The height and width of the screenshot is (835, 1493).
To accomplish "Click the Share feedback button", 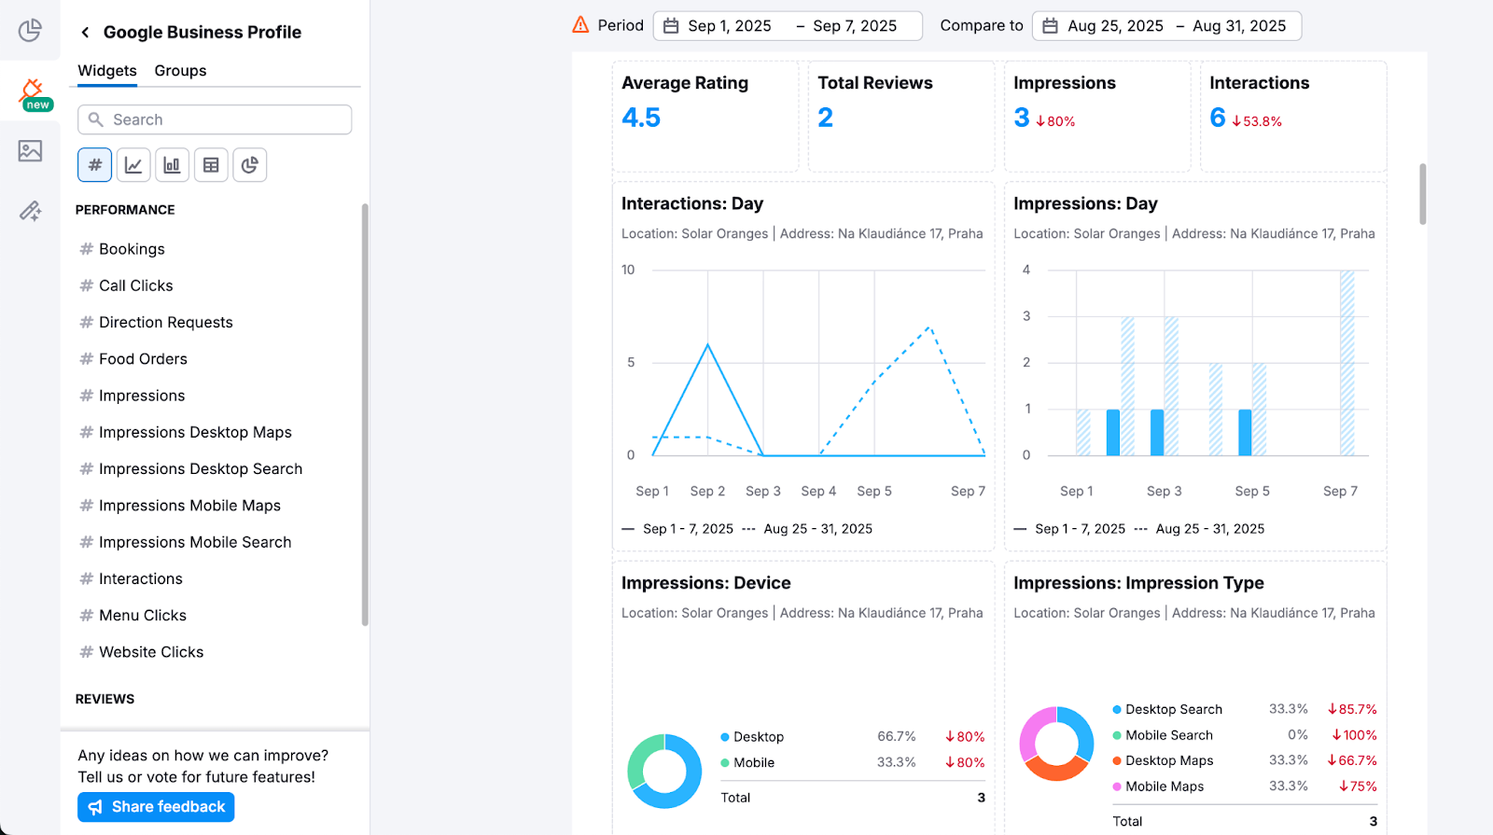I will (x=156, y=807).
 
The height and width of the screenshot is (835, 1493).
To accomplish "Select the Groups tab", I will (x=180, y=71).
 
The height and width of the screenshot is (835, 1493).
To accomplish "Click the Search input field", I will (x=215, y=119).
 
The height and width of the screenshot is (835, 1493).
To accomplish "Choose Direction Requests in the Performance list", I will (x=165, y=323).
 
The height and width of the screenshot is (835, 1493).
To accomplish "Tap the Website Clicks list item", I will (x=151, y=652).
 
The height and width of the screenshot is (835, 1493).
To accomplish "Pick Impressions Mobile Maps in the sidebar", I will (x=189, y=506).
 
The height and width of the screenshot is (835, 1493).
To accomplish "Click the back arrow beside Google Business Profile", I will (x=85, y=33).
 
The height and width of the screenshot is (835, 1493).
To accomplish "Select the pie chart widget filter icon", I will (x=249, y=165).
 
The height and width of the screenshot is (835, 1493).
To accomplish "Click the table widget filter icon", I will (x=211, y=165).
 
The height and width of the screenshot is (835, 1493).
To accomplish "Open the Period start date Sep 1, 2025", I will (x=729, y=26).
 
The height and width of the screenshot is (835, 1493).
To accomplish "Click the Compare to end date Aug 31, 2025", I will (x=1238, y=26).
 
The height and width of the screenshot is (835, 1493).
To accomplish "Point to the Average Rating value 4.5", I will (x=641, y=118).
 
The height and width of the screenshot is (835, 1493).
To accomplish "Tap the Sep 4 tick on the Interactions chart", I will (x=818, y=492).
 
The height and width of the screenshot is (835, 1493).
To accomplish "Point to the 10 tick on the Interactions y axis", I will (x=628, y=271).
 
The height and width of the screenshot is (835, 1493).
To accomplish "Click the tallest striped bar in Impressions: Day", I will (x=1346, y=362).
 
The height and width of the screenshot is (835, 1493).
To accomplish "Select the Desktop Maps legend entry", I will (x=1168, y=761).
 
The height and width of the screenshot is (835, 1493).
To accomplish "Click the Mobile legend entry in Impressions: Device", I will (x=753, y=763).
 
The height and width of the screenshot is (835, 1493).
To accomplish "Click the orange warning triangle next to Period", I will (x=580, y=25).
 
